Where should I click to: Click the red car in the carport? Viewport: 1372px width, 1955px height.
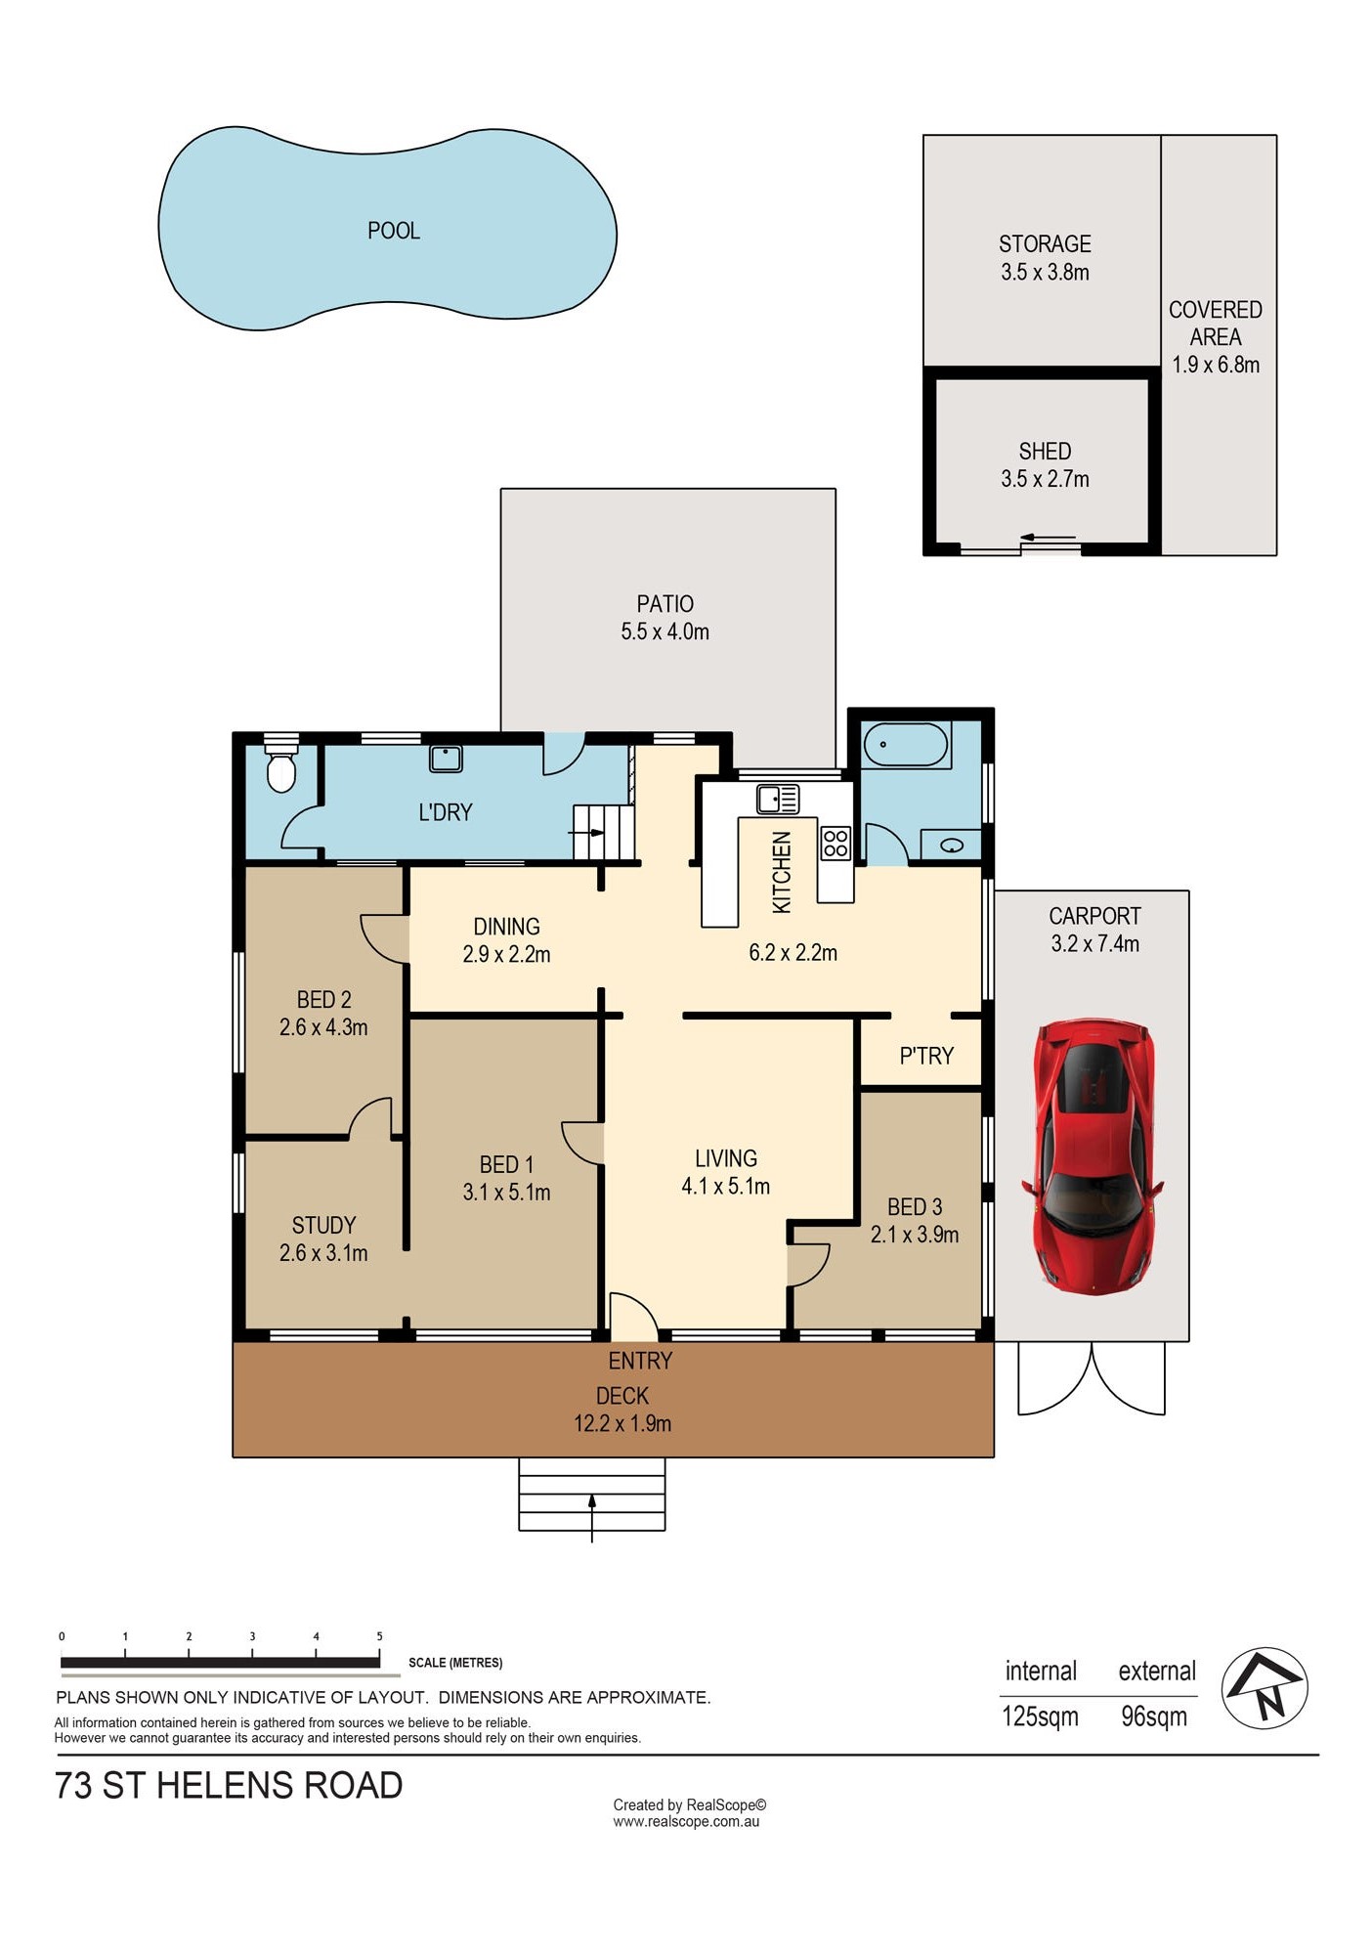click(1093, 1155)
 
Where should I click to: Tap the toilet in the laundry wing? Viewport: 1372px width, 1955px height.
click(281, 764)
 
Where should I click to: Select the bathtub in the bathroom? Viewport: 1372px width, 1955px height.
click(906, 745)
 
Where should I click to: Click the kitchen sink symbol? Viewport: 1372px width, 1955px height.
click(778, 799)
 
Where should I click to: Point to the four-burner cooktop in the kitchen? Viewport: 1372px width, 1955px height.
click(836, 843)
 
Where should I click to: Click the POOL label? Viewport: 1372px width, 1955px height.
click(394, 231)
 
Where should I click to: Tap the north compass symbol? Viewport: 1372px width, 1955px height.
click(1265, 1688)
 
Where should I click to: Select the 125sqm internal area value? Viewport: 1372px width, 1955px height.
click(1040, 1716)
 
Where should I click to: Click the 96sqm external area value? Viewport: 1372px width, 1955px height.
click(1154, 1716)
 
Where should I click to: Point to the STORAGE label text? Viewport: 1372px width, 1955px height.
click(1045, 243)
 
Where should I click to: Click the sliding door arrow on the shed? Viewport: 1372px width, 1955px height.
click(1047, 538)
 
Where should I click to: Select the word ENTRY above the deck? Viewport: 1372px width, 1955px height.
click(640, 1361)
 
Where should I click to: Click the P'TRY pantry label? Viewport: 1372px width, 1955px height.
click(926, 1056)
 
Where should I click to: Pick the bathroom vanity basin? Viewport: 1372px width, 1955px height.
click(952, 845)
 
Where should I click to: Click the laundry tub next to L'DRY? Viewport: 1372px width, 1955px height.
click(446, 759)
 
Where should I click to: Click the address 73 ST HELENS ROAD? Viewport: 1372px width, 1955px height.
click(229, 1786)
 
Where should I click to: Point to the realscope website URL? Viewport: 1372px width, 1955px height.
click(686, 1821)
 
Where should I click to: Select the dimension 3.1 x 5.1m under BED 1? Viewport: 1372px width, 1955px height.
click(506, 1193)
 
